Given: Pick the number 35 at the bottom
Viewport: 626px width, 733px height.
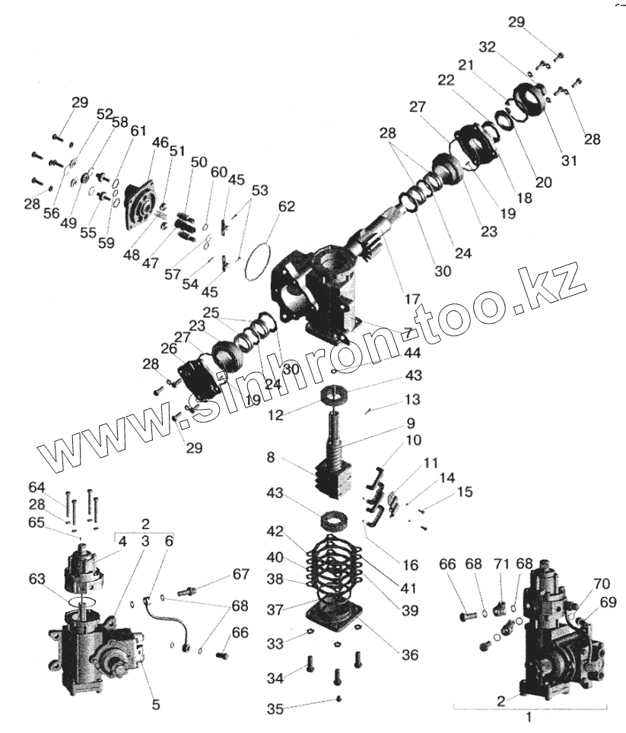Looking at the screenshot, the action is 275,709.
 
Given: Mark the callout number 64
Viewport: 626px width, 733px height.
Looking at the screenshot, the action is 59,487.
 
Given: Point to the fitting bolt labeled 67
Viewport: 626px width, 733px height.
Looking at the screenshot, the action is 192,590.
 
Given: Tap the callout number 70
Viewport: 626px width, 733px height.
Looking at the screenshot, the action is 601,585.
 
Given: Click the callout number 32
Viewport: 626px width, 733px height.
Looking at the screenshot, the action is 488,46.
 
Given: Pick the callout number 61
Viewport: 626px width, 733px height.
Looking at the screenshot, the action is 138,131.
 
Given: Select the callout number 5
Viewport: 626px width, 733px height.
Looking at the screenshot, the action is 155,705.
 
